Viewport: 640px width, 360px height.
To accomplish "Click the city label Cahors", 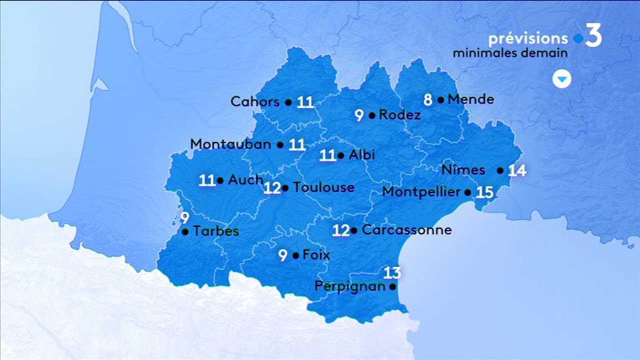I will coord(255,101).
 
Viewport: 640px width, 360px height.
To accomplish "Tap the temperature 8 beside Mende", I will coord(428,100).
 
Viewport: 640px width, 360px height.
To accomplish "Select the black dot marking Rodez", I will coord(372,115).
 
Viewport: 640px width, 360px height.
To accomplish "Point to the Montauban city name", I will coord(231,144).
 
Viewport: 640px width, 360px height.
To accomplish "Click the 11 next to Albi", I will coord(327,156).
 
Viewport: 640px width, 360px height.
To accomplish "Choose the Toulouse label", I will coord(323,187).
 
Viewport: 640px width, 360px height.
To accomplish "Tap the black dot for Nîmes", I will coord(500,170).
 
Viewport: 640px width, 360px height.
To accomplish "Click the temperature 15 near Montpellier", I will coord(484,192).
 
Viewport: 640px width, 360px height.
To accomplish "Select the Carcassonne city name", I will coord(406,230).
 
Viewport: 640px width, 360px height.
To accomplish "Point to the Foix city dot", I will coord(295,255).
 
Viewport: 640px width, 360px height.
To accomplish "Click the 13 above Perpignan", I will coord(392,273).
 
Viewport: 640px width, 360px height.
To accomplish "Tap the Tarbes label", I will coord(216,231).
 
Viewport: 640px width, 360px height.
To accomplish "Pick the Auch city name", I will coord(245,179).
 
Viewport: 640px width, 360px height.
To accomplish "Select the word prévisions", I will coord(528,38).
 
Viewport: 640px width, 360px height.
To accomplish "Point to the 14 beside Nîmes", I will coord(517,170).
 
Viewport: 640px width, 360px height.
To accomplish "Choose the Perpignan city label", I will coord(350,286).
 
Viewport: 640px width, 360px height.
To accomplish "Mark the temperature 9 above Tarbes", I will coord(184,218).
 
